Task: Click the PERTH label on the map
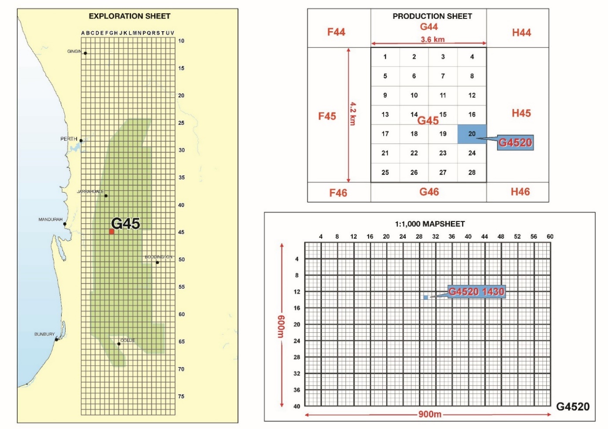point(69,139)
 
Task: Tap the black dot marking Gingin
point(85,53)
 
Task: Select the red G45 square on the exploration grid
point(112,232)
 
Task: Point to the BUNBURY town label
point(44,334)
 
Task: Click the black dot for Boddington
point(157,262)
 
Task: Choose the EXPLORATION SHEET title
point(129,16)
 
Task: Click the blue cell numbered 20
point(472,134)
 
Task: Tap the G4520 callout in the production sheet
point(515,142)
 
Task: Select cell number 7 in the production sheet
point(443,76)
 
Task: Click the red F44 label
point(336,32)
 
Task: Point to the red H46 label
point(520,192)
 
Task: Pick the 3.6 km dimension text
point(432,40)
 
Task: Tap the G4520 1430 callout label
point(476,291)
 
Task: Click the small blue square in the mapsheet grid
point(425,298)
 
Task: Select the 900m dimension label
point(430,414)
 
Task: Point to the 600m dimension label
point(281,326)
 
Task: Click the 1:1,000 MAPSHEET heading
point(430,224)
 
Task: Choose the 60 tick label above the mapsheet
point(550,236)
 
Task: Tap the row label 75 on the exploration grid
point(181,396)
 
